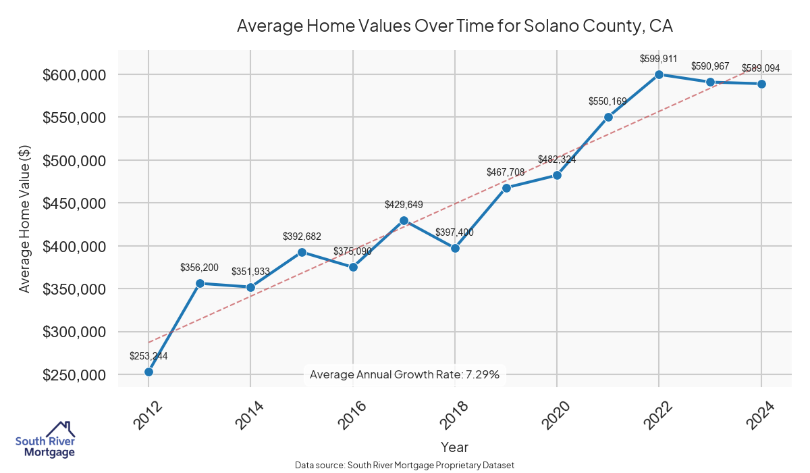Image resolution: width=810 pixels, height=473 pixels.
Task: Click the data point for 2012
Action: (148, 372)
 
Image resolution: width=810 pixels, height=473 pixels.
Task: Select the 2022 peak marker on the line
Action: (659, 74)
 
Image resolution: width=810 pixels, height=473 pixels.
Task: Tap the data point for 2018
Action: (455, 248)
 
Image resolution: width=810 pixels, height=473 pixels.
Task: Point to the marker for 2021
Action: (608, 117)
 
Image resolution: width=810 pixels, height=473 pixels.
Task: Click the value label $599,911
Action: (659, 59)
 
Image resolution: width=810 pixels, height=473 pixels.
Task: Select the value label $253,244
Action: (148, 356)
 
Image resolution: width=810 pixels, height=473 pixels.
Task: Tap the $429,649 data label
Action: (404, 204)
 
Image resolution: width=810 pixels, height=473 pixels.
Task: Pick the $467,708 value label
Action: (506, 172)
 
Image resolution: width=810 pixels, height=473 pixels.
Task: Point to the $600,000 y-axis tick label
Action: (74, 74)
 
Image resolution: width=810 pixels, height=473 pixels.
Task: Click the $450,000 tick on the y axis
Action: (74, 203)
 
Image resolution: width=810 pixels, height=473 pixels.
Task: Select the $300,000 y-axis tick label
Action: (74, 332)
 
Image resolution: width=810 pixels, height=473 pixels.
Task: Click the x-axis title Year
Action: (454, 447)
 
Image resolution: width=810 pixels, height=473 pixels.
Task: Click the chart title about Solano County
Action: (455, 26)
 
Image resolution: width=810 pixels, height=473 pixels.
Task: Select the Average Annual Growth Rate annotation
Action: (404, 374)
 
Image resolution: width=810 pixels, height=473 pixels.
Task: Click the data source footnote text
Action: (404, 465)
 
